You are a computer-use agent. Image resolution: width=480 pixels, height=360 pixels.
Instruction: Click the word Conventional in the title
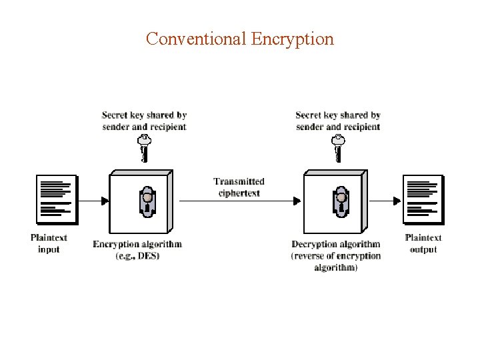pyautogui.click(x=197, y=39)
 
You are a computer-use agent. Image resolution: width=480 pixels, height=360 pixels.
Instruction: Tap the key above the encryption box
pyautogui.click(x=143, y=147)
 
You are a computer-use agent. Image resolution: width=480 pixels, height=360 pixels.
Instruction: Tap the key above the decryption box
pyautogui.click(x=338, y=147)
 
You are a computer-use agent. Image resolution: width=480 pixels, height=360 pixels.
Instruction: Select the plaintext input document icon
pyautogui.click(x=57, y=199)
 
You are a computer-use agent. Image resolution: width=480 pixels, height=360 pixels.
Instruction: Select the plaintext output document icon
pyautogui.click(x=423, y=199)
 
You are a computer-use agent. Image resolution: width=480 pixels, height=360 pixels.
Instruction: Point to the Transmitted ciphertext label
pyautogui.click(x=239, y=187)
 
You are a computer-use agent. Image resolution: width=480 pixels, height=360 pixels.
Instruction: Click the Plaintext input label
pyautogui.click(x=49, y=243)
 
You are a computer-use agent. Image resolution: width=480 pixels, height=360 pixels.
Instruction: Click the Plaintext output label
pyautogui.click(x=423, y=243)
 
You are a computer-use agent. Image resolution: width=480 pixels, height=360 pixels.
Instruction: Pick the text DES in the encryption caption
pyautogui.click(x=147, y=256)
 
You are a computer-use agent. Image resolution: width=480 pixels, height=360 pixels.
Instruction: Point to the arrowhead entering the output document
pyautogui.click(x=398, y=200)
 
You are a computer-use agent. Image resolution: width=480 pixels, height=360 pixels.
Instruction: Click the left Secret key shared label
pyautogui.click(x=144, y=121)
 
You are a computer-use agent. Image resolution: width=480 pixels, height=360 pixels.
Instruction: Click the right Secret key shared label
pyautogui.click(x=338, y=121)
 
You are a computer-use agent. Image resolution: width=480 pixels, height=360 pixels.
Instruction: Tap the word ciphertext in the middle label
pyautogui.click(x=239, y=193)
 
